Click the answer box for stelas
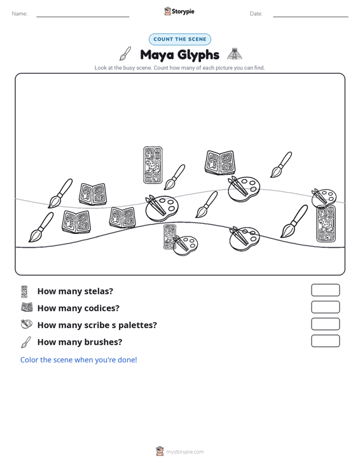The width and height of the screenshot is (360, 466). (325, 290)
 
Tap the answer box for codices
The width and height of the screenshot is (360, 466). (325, 307)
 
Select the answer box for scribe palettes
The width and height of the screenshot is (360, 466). (325, 324)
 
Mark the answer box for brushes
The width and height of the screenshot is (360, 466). (325, 341)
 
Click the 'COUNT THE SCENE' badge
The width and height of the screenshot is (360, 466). (180, 39)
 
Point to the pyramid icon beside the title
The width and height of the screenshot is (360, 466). (235, 54)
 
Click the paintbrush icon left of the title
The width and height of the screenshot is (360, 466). (125, 53)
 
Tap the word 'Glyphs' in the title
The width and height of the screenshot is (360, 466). (198, 55)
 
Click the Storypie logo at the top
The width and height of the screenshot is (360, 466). (179, 11)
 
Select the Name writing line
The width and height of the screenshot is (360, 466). (83, 17)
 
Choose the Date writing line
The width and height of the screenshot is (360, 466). (310, 17)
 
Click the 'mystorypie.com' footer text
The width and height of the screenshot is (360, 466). (185, 452)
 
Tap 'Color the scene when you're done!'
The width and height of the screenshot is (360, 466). (78, 360)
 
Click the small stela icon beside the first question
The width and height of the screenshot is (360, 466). (24, 292)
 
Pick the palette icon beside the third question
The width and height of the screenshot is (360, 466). (27, 324)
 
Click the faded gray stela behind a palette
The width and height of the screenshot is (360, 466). (169, 236)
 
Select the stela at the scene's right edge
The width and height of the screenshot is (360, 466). (326, 223)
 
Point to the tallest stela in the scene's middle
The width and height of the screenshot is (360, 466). (153, 165)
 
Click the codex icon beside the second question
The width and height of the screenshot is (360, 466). (27, 307)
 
